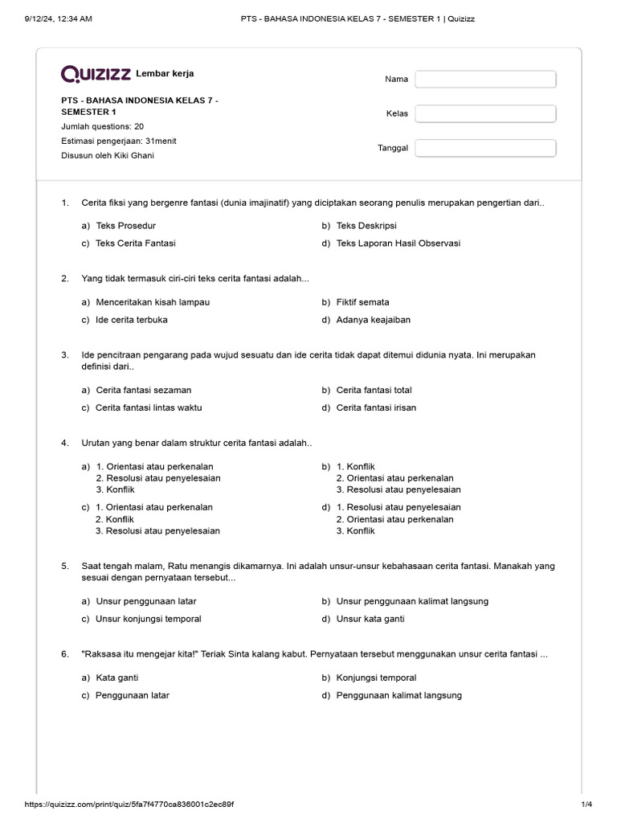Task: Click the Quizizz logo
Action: (96, 74)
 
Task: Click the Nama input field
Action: (485, 79)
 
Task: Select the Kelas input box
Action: (485, 113)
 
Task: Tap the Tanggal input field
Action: (485, 148)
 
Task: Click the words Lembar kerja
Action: (165, 74)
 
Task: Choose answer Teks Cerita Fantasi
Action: (135, 243)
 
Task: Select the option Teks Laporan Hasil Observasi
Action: (398, 243)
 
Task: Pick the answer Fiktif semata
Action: (362, 302)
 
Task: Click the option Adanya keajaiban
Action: (373, 320)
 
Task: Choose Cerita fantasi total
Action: (374, 390)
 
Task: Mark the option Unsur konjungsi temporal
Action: (148, 619)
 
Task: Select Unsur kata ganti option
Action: (370, 619)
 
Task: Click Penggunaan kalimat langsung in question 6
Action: (398, 695)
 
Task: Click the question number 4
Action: (64, 443)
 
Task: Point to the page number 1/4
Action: (586, 805)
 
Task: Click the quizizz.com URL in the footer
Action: (129, 805)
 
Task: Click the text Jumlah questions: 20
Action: (103, 126)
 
